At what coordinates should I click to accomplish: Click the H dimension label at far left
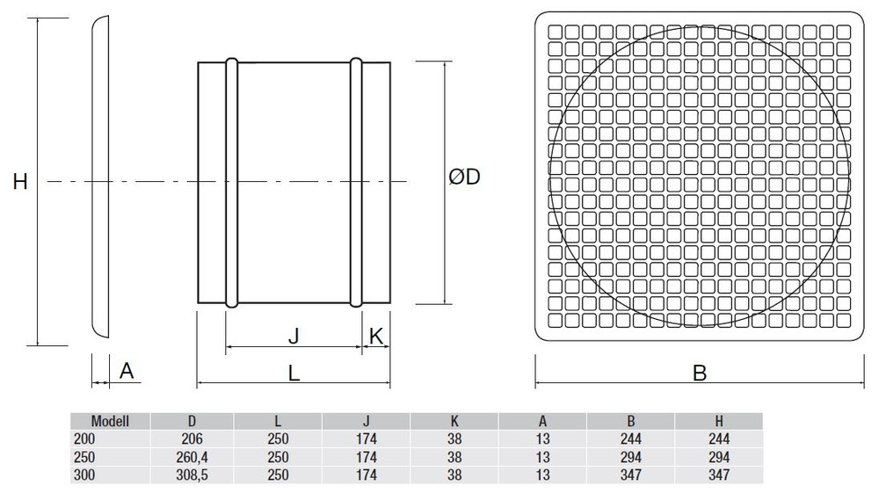click(20, 182)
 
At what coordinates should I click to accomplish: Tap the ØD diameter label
click(465, 177)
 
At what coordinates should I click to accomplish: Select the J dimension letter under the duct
click(294, 336)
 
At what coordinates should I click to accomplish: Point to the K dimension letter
click(376, 336)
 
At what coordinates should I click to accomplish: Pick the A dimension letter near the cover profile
click(127, 370)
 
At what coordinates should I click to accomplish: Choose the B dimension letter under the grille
click(699, 373)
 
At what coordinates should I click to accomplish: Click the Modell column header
click(110, 421)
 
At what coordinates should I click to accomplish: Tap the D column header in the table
click(192, 421)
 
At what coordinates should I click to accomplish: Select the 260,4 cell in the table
click(192, 457)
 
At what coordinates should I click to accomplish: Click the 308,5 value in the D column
click(192, 475)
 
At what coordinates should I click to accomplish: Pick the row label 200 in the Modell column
click(84, 439)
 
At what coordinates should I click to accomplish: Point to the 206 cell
click(192, 439)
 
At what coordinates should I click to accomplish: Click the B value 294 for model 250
click(630, 457)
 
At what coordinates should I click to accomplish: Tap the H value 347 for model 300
click(719, 475)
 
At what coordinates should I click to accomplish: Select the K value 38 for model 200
click(454, 439)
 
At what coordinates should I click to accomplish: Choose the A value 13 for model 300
click(542, 475)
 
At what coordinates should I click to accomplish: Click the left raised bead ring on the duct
click(231, 183)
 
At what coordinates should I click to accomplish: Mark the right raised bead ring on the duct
click(356, 183)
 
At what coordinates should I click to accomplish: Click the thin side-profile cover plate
click(100, 177)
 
